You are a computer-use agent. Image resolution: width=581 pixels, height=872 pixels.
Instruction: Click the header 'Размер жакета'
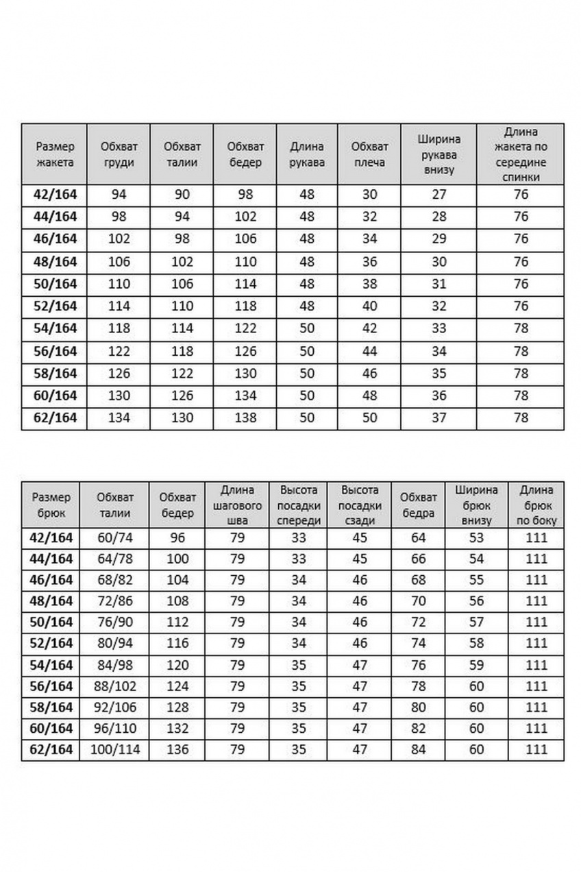[x=54, y=154]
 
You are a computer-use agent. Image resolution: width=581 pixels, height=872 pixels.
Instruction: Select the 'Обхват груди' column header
[x=119, y=154]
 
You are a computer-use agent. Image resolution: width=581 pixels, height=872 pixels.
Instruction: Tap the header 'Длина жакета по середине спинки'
[x=521, y=154]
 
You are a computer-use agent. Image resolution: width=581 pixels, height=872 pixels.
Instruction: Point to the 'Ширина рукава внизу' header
[x=439, y=154]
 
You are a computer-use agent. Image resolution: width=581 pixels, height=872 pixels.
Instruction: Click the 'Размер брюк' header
[x=50, y=505]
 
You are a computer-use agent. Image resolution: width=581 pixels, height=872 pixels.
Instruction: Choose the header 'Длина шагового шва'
[x=238, y=505]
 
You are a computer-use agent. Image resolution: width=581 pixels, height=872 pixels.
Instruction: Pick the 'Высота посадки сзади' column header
[x=360, y=505]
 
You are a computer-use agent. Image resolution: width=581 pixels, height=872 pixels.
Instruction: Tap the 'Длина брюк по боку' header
[x=536, y=505]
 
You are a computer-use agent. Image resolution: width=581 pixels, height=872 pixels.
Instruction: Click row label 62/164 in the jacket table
[x=54, y=418]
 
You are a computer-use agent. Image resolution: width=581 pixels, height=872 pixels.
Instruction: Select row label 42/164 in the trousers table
[x=50, y=538]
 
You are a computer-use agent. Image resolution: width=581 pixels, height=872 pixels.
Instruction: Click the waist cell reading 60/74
[x=115, y=538]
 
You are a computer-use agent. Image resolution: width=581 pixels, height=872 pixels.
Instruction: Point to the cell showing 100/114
[x=115, y=749]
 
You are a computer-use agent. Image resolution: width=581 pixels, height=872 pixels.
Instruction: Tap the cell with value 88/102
[x=115, y=686]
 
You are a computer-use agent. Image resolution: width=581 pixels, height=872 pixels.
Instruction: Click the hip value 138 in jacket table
[x=245, y=418]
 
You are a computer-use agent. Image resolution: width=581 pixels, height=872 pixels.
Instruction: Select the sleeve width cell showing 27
[x=439, y=195]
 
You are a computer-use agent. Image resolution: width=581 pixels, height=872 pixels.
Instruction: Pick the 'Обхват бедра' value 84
[x=419, y=749]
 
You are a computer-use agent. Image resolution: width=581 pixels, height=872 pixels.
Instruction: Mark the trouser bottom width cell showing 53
[x=477, y=538]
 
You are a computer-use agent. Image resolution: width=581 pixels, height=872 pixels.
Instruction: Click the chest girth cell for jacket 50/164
[x=119, y=284]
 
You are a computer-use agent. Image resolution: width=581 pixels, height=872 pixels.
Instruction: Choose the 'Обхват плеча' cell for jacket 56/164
[x=369, y=352]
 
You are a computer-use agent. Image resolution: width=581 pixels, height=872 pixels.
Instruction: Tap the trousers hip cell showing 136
[x=177, y=749]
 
